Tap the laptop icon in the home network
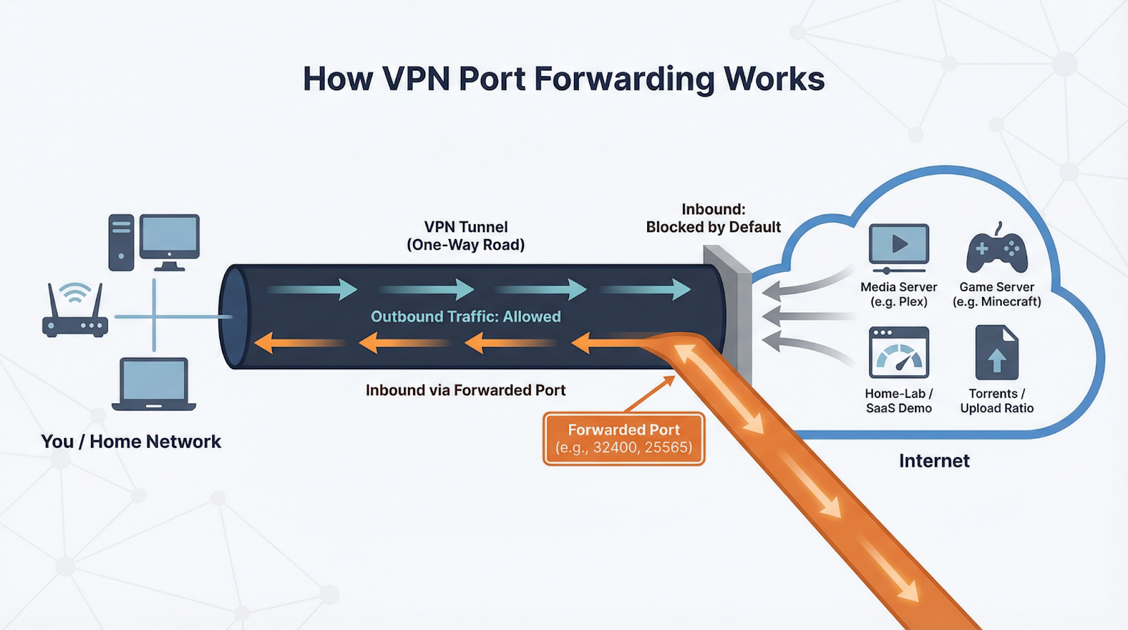click(x=154, y=384)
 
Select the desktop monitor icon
click(x=169, y=240)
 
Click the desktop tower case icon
click(x=121, y=243)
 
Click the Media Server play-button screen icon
click(x=899, y=246)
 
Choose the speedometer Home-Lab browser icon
click(x=899, y=353)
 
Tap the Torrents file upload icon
click(x=996, y=353)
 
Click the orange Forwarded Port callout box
click(x=623, y=439)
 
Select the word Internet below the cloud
click(x=934, y=461)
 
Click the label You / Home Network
click(x=131, y=442)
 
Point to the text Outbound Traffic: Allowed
click(x=465, y=317)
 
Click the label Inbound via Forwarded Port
click(x=465, y=390)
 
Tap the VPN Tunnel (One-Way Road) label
click(x=465, y=236)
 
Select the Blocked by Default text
click(x=713, y=227)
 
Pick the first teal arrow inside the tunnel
click(x=314, y=289)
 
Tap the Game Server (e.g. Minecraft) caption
click(x=996, y=294)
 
